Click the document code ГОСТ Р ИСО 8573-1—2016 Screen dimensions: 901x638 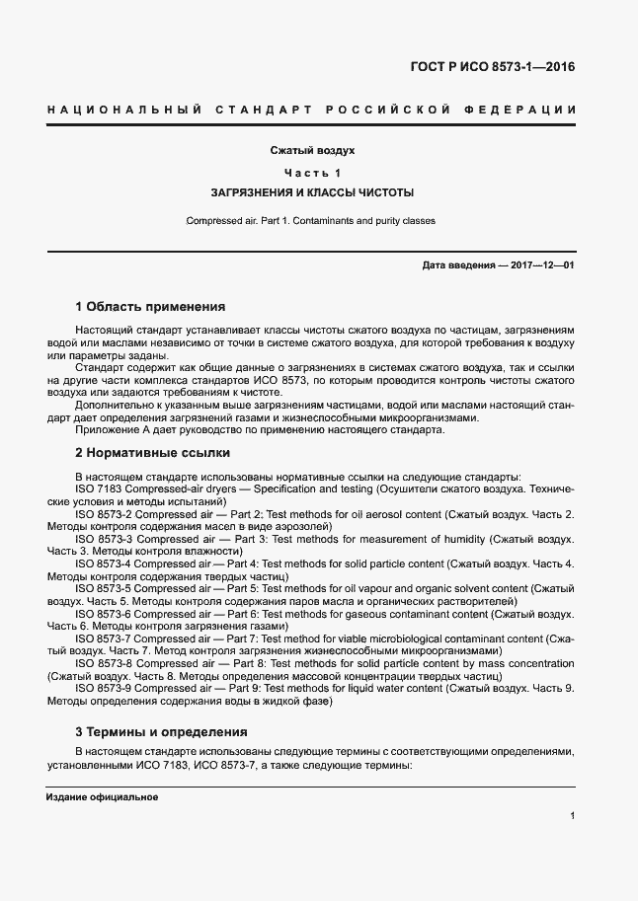click(492, 68)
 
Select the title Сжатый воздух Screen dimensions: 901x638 click(312, 152)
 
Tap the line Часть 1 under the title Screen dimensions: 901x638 click(312, 174)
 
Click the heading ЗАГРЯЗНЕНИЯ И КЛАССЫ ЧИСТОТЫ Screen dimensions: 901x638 click(312, 192)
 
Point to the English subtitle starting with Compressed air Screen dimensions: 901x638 click(311, 221)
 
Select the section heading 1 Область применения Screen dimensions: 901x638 click(150, 307)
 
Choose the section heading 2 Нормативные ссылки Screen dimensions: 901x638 click(153, 453)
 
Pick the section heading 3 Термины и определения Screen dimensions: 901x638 click(161, 732)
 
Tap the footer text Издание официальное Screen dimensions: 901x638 click(102, 797)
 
